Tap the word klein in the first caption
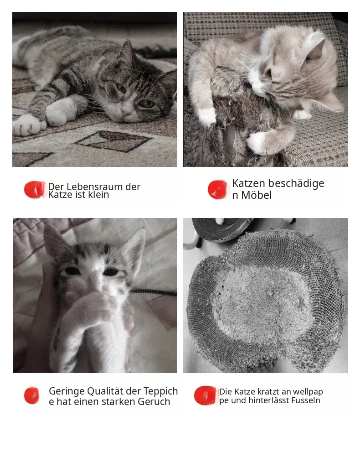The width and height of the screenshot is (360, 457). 98,195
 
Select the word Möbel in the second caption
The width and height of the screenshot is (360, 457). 256,195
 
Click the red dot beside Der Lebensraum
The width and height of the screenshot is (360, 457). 34,190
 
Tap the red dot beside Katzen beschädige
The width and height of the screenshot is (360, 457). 217,190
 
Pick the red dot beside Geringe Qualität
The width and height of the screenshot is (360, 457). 31,396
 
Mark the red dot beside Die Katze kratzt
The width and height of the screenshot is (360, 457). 205,395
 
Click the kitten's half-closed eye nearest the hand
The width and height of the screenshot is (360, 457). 72,271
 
